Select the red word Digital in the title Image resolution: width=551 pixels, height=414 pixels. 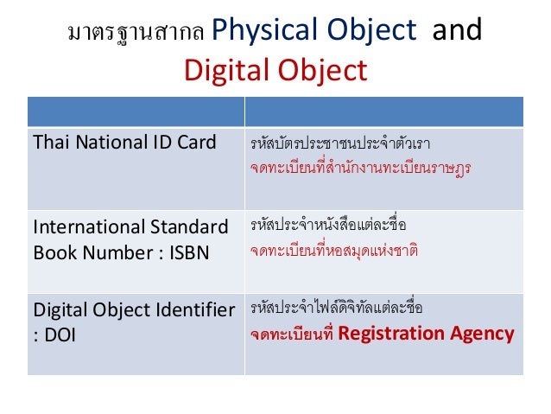pos(222,70)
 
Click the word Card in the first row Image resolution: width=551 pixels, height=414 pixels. pos(194,142)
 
